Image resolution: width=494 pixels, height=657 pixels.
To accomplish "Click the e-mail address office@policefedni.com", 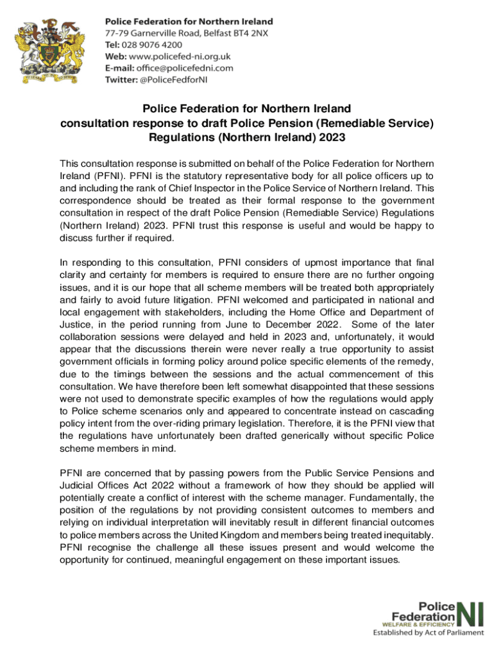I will point(188,68).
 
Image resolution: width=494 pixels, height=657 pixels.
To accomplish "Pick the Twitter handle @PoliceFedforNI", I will point(171,80).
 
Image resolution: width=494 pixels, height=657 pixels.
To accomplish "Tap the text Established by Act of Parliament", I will point(429,633).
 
